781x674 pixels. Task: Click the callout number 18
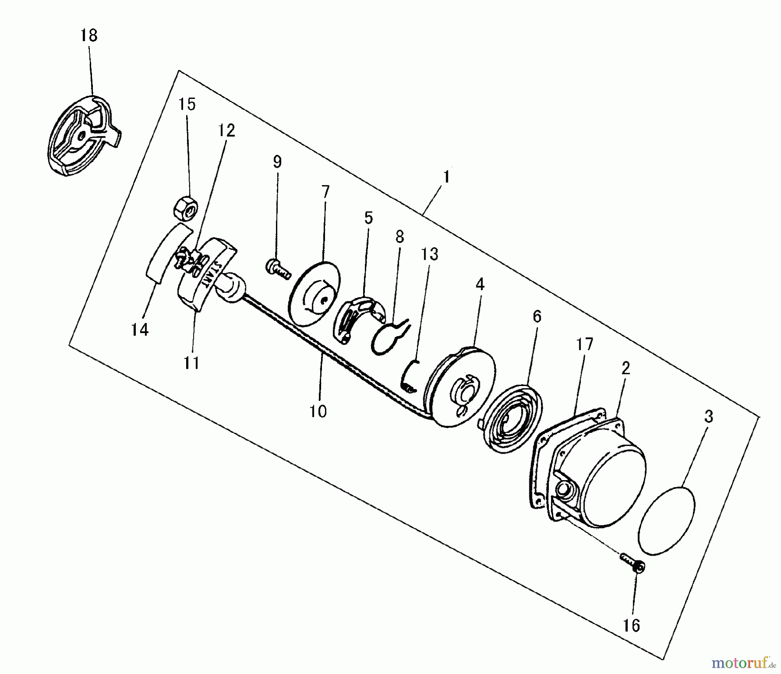(x=89, y=35)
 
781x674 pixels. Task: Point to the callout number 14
(x=140, y=330)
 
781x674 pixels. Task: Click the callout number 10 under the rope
(x=318, y=411)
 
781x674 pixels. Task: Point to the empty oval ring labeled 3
(x=667, y=520)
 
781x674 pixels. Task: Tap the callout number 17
(x=584, y=345)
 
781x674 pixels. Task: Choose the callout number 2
(x=625, y=368)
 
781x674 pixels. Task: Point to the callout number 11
(x=191, y=363)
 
